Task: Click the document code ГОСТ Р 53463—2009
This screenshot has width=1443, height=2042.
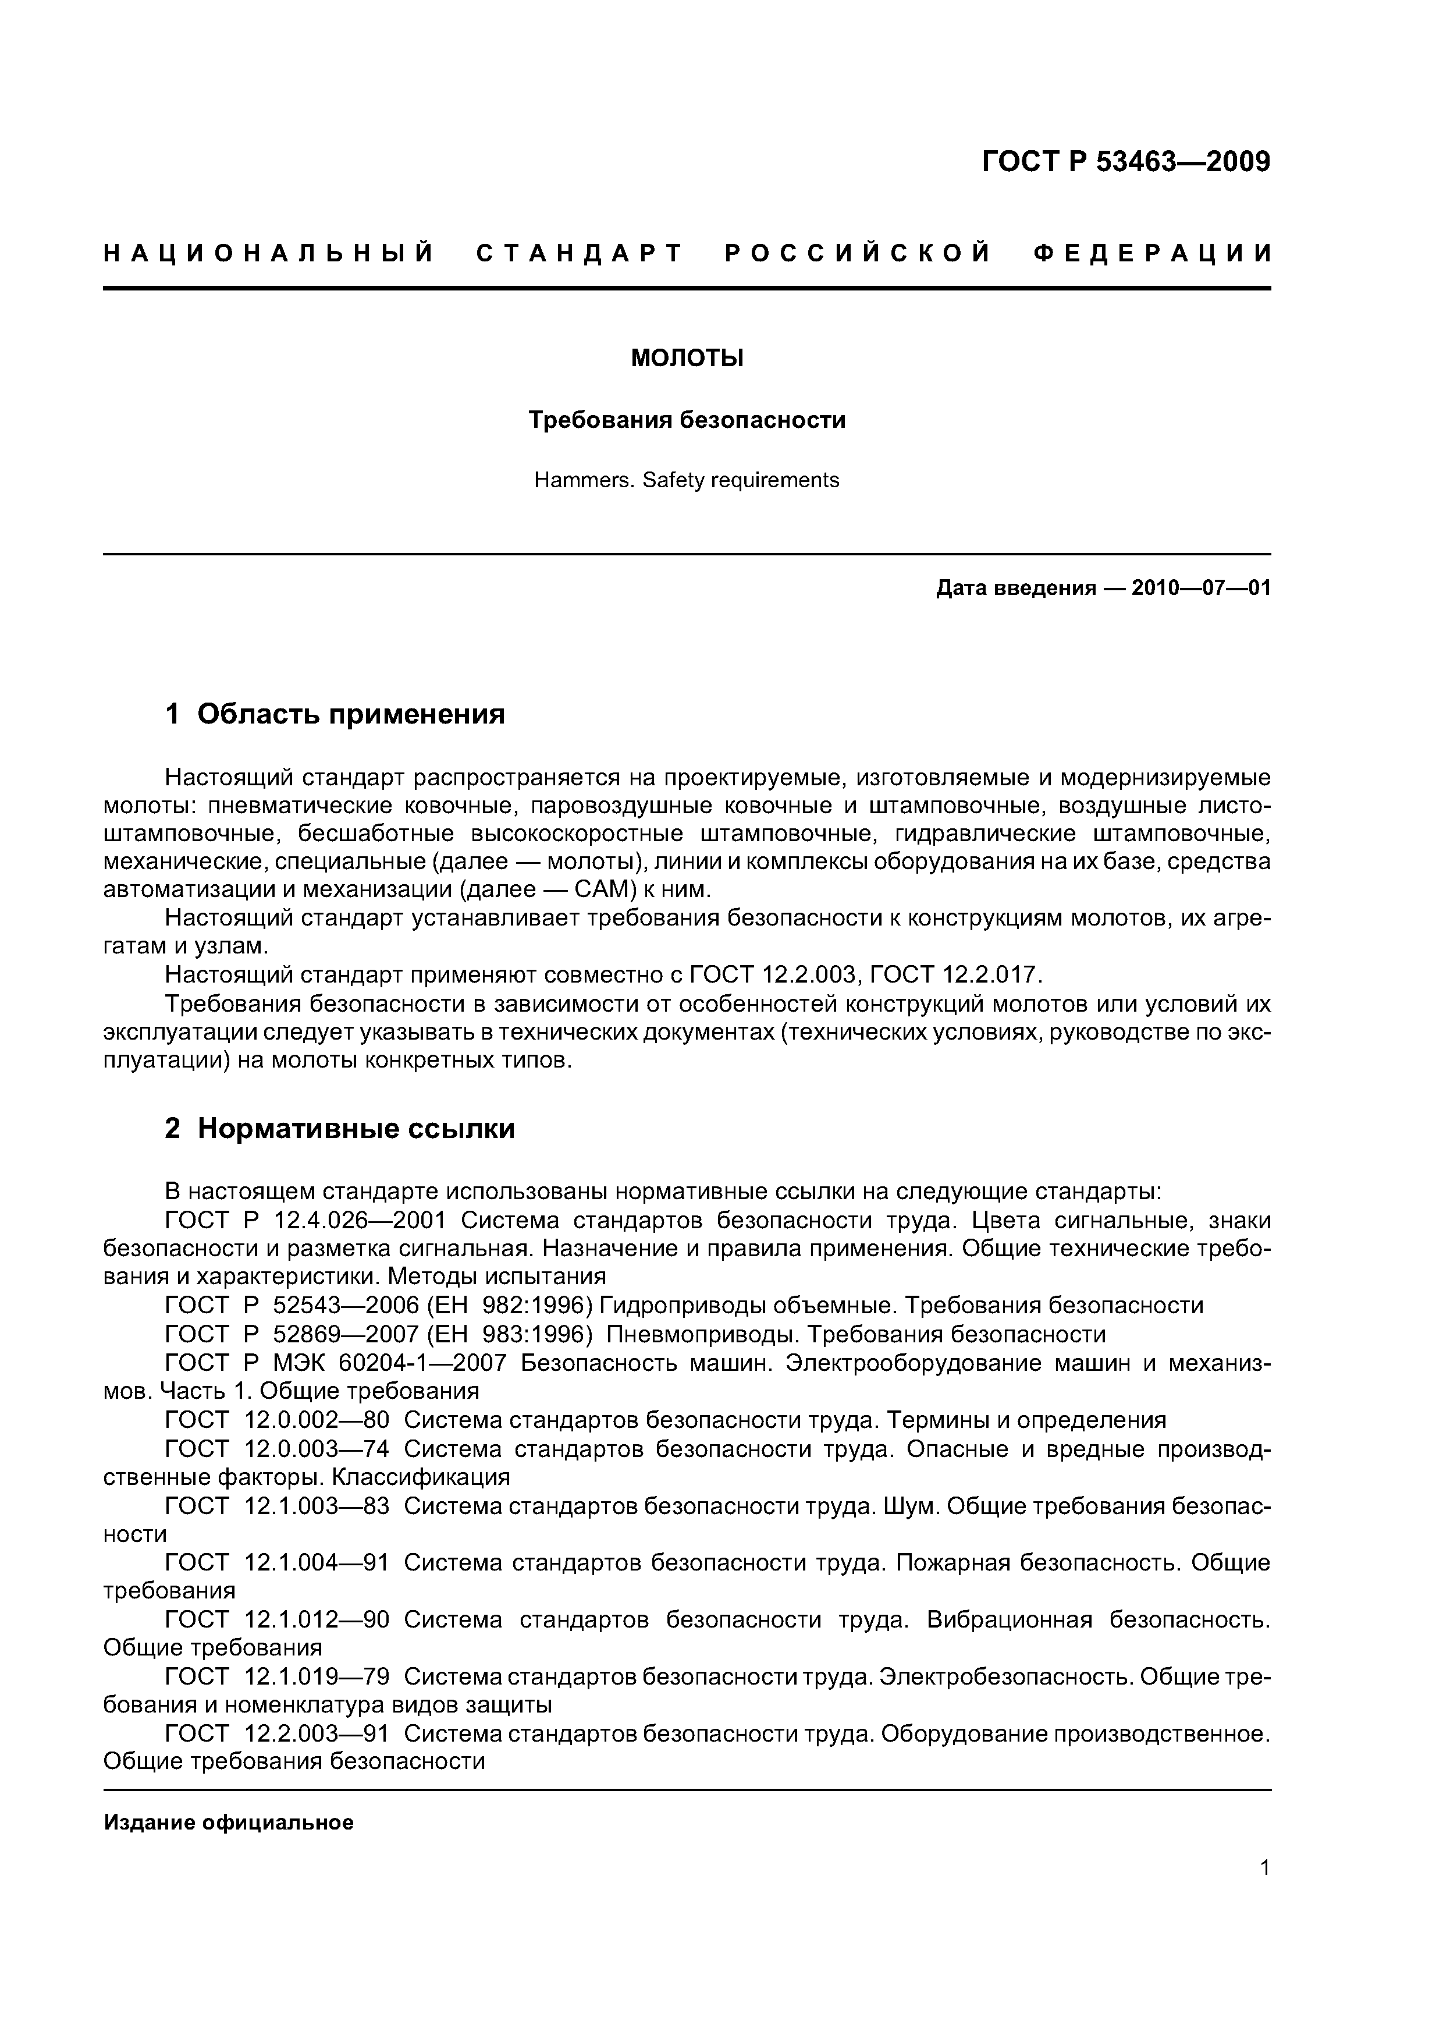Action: pyautogui.click(x=1125, y=162)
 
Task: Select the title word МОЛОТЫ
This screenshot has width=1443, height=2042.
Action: pyautogui.click(x=687, y=359)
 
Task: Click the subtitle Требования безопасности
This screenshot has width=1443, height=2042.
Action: pyautogui.click(x=687, y=419)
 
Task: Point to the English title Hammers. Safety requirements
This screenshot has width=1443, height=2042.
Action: pyautogui.click(x=687, y=480)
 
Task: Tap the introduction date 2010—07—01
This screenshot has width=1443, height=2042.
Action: pyautogui.click(x=1200, y=588)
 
